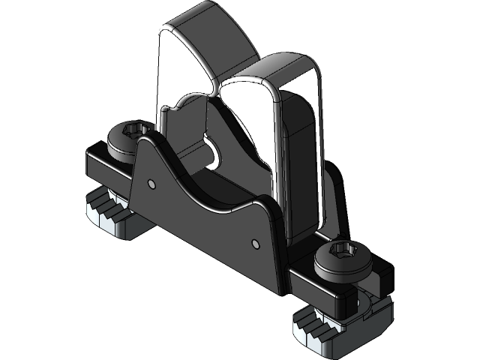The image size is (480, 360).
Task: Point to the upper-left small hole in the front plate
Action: click(152, 183)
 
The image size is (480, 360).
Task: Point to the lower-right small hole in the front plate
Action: click(255, 242)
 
